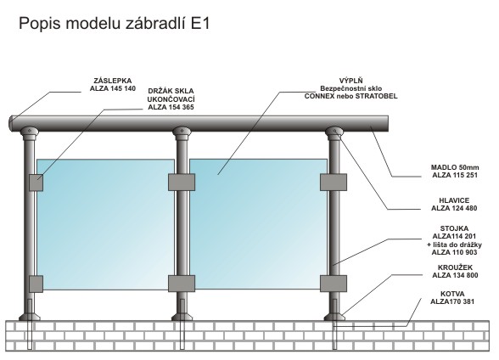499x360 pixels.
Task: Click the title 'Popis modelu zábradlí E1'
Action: [115, 24]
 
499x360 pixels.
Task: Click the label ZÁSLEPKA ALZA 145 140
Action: [113, 85]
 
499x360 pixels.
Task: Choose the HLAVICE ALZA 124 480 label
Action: [454, 205]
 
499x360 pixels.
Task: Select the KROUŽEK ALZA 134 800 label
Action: [455, 271]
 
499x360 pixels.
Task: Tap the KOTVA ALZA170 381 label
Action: [452, 298]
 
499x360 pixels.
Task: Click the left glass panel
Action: [105, 224]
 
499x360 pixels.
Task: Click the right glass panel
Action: [258, 224]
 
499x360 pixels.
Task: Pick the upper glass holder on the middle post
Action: [182, 182]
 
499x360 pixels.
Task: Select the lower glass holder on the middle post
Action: [182, 284]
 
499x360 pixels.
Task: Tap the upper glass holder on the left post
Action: [36, 183]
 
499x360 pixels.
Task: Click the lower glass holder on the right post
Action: [334, 284]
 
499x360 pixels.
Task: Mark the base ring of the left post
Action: [30, 317]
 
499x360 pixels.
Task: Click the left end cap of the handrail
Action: [12, 123]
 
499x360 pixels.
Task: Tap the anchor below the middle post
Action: [182, 324]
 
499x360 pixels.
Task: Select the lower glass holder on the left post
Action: [36, 284]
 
